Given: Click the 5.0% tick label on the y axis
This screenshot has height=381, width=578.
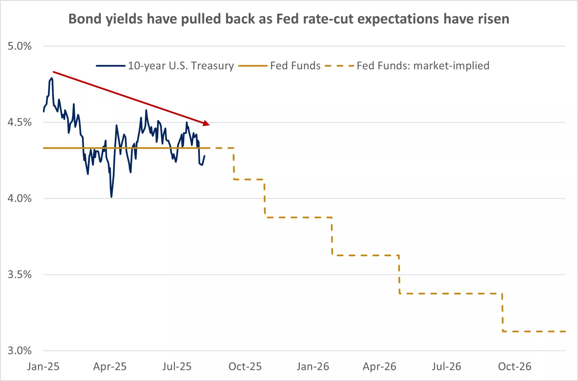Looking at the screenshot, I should (x=20, y=46).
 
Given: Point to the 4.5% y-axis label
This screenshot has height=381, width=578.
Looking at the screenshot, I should (x=20, y=122).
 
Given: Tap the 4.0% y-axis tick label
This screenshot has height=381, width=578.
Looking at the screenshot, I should (x=20, y=198).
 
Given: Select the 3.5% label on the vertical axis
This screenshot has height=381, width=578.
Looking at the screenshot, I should (x=20, y=275).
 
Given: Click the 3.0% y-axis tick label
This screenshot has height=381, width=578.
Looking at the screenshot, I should (x=20, y=351).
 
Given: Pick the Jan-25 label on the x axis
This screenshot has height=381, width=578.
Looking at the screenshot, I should (x=43, y=367).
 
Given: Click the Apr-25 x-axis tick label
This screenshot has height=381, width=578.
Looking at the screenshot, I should (x=110, y=367).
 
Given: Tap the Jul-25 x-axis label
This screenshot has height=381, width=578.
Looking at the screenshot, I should (x=177, y=367).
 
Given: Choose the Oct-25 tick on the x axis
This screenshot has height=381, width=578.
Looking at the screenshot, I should (x=245, y=367).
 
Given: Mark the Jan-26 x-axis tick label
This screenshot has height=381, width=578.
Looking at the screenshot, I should (x=313, y=367).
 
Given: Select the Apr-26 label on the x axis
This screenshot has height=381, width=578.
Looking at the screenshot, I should (x=379, y=367).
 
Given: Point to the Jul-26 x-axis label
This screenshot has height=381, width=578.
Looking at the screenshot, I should (x=447, y=367).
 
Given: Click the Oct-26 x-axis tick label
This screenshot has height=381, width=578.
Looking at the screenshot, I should (x=515, y=367).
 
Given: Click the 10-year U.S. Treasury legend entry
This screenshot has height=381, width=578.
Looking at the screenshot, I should (x=181, y=66).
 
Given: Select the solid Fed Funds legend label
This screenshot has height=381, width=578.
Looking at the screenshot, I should (x=295, y=66).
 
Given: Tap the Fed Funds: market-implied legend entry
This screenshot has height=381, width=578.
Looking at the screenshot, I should (x=423, y=66).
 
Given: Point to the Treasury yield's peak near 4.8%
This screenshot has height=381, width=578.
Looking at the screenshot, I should (x=52, y=78).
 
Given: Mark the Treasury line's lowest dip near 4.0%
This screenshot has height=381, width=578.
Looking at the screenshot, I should (x=111, y=197).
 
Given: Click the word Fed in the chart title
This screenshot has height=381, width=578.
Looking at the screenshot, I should (x=288, y=19).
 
